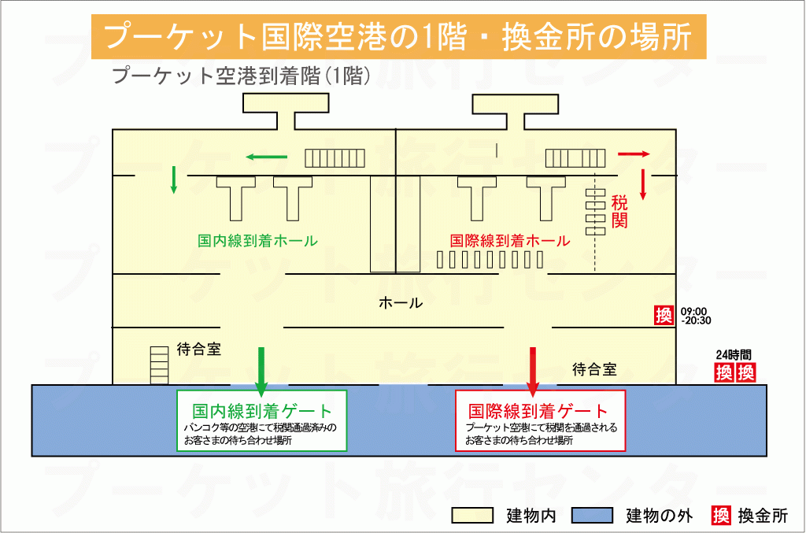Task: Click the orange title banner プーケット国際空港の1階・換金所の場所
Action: click(x=397, y=37)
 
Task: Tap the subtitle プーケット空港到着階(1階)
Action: click(x=242, y=76)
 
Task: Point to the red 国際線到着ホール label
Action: click(x=509, y=241)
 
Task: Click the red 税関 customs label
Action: click(x=619, y=211)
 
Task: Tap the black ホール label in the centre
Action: click(x=400, y=302)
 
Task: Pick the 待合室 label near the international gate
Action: click(x=594, y=368)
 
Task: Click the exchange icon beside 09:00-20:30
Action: click(x=664, y=315)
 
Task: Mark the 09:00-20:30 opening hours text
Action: click(x=696, y=315)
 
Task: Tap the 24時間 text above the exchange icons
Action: click(x=734, y=353)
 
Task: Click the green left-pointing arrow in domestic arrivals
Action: click(x=265, y=157)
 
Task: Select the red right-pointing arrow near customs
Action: click(x=634, y=154)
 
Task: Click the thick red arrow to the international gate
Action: click(x=532, y=370)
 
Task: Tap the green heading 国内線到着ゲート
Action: click(x=262, y=411)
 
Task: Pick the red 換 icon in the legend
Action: click(x=720, y=516)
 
